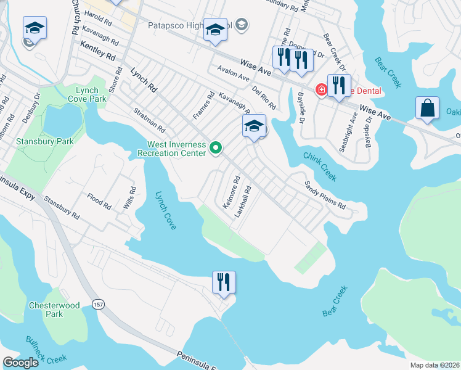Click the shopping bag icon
tap(427, 109)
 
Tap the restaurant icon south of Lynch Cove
tap(224, 282)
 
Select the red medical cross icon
tap(321, 90)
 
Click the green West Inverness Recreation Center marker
tap(216, 147)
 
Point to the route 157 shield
tap(98, 304)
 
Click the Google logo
tap(21, 363)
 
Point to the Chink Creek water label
tap(319, 166)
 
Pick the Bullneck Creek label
tap(46, 348)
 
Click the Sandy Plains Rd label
tap(325, 195)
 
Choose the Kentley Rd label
tap(98, 51)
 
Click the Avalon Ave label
tap(232, 73)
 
